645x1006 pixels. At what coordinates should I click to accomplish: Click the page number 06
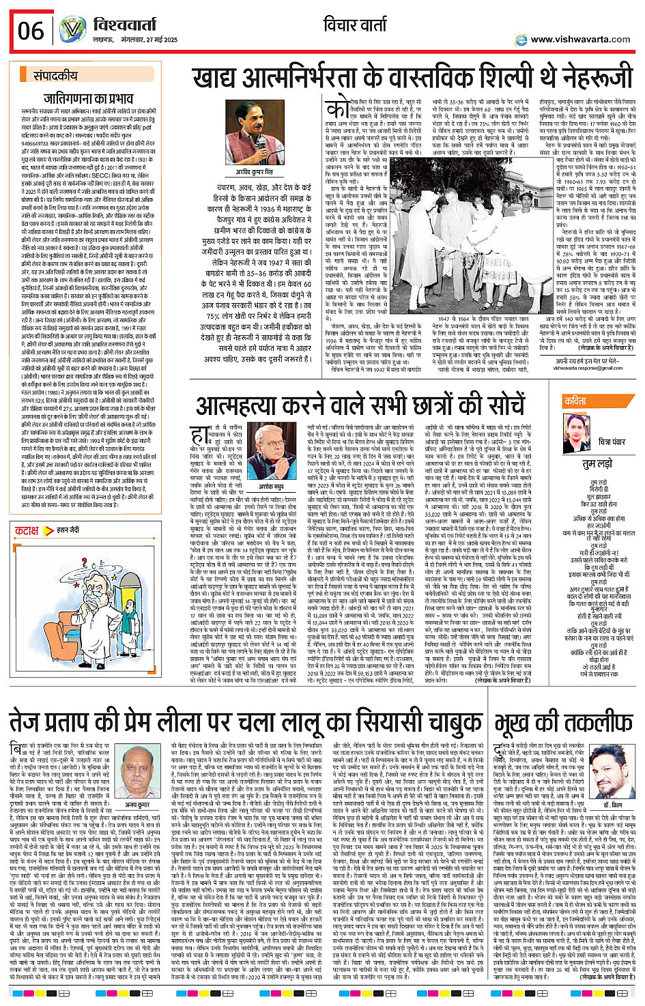click(31, 31)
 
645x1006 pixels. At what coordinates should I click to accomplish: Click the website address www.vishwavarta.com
click(580, 40)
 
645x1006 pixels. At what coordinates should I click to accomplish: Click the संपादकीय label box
click(56, 75)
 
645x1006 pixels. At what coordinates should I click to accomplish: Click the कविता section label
click(575, 401)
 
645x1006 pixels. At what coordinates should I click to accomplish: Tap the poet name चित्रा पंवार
click(612, 442)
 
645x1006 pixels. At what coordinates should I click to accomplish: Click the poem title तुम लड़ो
click(598, 464)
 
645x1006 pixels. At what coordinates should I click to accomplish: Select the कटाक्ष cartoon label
click(27, 530)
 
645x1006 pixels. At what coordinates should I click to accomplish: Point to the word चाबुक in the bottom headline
click(441, 722)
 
